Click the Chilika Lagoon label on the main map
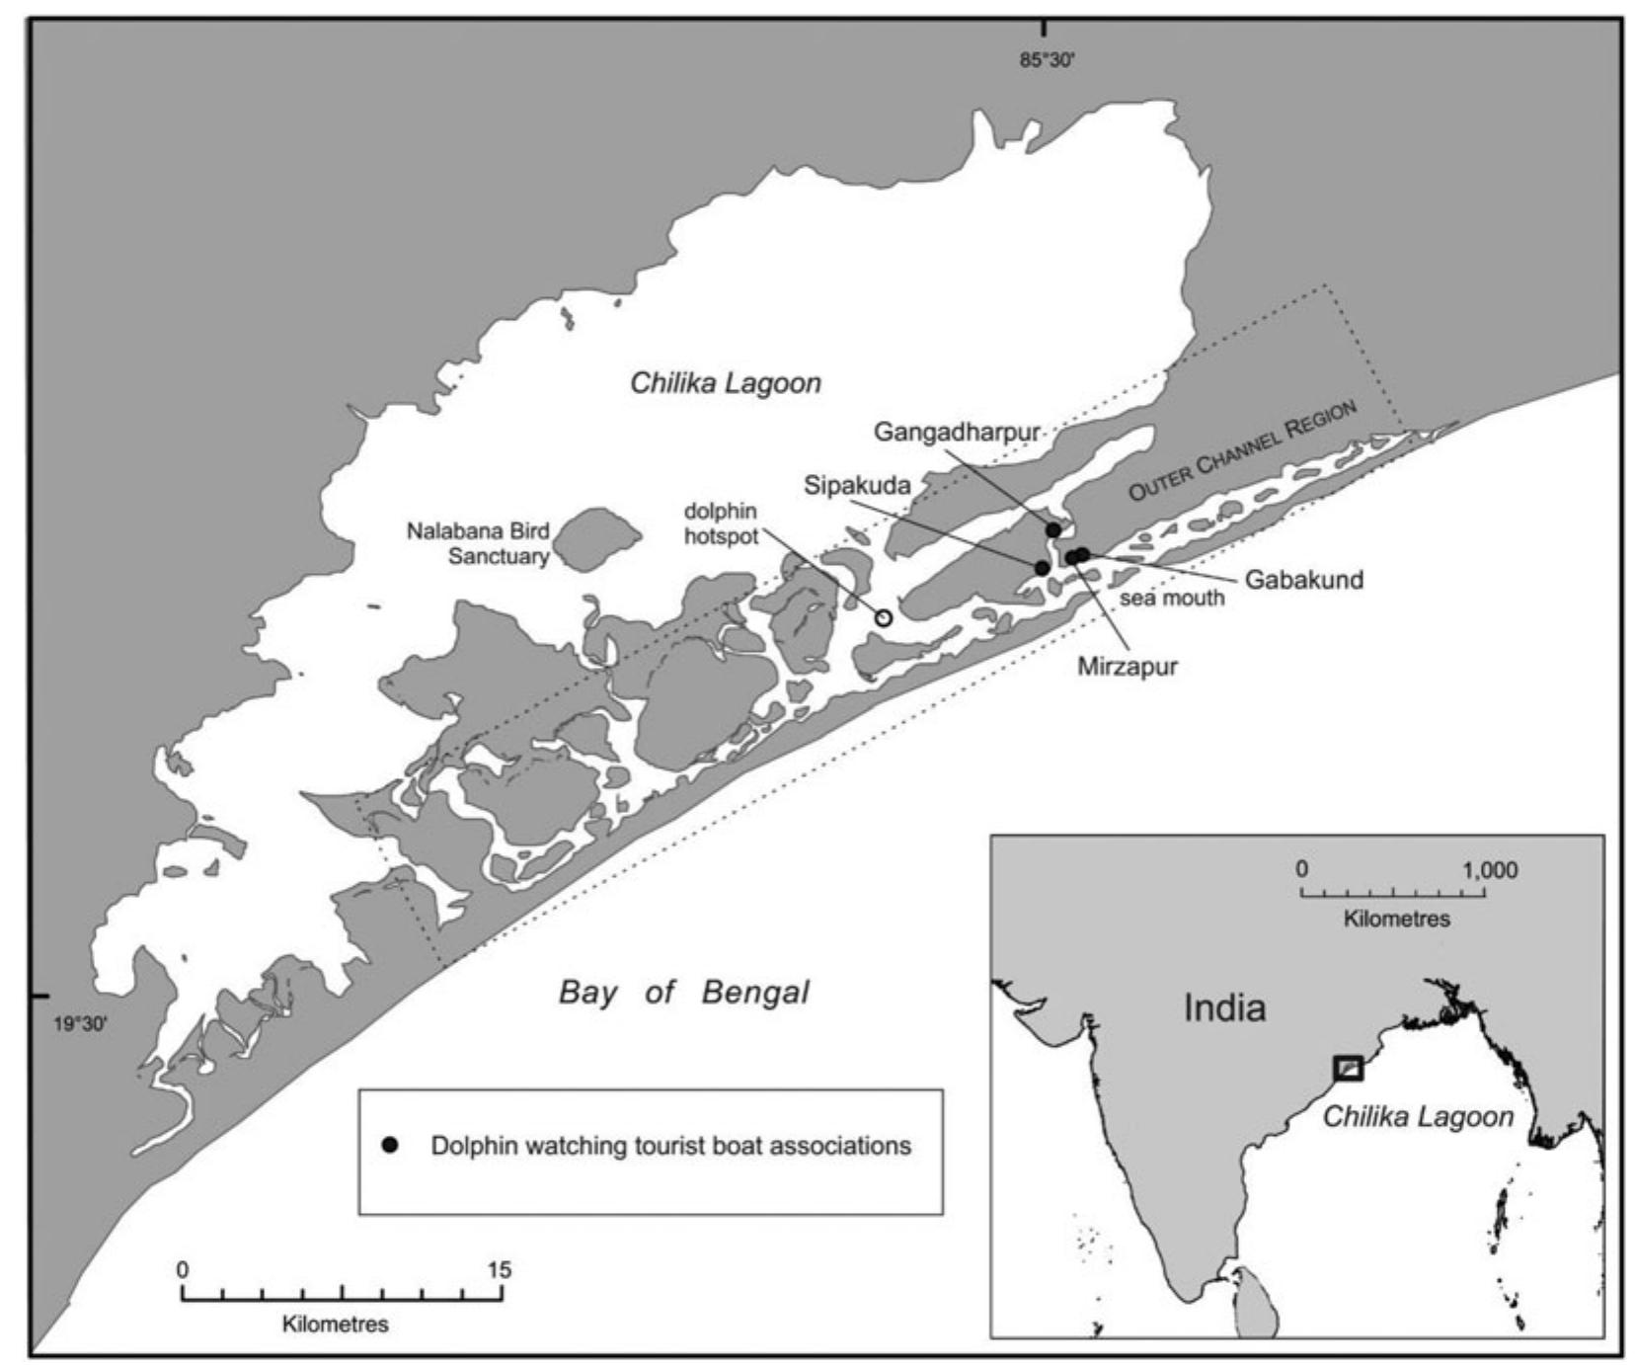pos(726,383)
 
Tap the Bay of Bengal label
pos(683,992)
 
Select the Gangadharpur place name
pos(957,433)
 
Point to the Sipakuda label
pos(856,485)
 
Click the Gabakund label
pos(1303,580)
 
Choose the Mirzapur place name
pos(1127,666)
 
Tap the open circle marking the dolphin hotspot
pos(884,618)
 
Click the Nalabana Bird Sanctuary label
pos(478,543)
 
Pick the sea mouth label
pos(1171,598)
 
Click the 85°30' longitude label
pos(1047,60)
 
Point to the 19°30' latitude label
pos(80,1023)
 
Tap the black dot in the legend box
pos(390,1146)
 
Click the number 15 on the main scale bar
pos(500,1270)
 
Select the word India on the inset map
pos(1224,1007)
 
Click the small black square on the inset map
pos(1348,1068)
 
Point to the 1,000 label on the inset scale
pos(1490,870)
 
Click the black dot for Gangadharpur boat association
pos(1053,530)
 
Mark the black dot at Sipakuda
pos(1042,568)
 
